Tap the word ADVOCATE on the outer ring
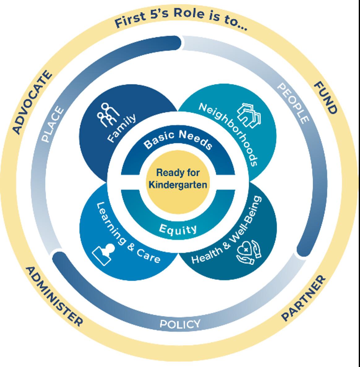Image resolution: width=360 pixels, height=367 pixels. tap(32, 103)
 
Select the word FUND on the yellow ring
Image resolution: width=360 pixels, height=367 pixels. tap(325, 98)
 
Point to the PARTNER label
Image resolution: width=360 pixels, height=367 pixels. tap(303, 298)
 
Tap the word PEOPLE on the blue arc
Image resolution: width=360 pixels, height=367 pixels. tap(293, 103)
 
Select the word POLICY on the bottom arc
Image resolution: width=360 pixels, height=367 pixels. tap(180, 324)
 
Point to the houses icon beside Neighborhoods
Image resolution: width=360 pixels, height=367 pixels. tap(249, 116)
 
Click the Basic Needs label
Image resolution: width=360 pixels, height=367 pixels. tap(178, 140)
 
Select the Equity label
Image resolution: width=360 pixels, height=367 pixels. tap(178, 229)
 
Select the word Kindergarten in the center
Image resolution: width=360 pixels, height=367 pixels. tap(178, 185)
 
